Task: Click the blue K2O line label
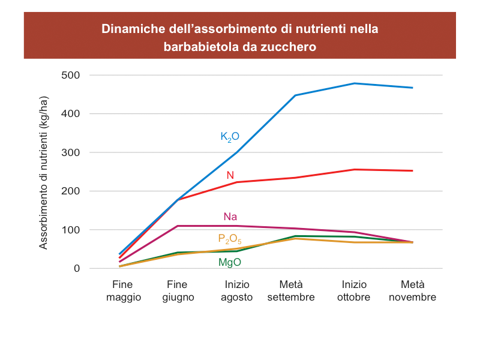point(230,137)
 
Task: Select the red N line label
point(230,175)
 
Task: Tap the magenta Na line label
point(230,217)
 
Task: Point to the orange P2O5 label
point(230,239)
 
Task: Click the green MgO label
point(230,262)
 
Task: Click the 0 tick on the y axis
point(76,268)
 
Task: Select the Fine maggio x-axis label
point(123,291)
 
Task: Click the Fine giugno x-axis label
point(178,291)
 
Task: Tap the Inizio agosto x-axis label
point(237,291)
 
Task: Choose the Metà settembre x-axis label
point(291,291)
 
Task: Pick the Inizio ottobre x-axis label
point(354,291)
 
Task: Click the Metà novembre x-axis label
point(412,291)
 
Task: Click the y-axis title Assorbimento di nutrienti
point(44,172)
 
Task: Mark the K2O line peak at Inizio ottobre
point(354,83)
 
